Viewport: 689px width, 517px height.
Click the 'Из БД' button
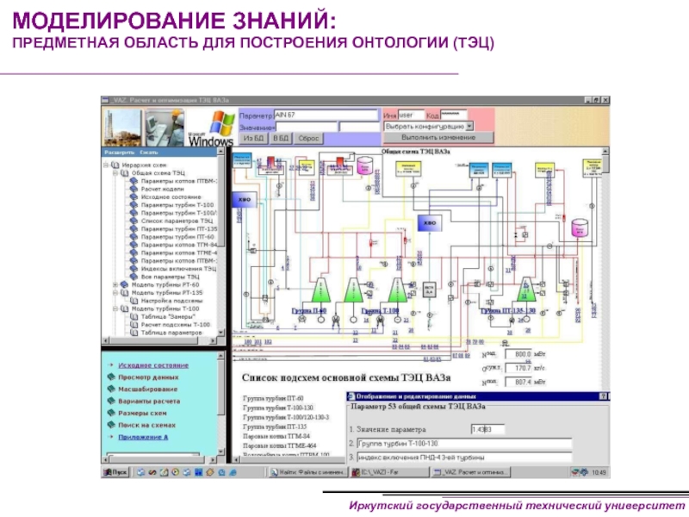[x=253, y=138]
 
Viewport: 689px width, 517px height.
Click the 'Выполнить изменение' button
[x=438, y=138]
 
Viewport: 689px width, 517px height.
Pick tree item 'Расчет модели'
[x=164, y=189]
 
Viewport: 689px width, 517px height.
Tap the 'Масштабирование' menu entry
[x=147, y=389]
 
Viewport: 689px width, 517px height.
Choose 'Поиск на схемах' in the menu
[x=147, y=425]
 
